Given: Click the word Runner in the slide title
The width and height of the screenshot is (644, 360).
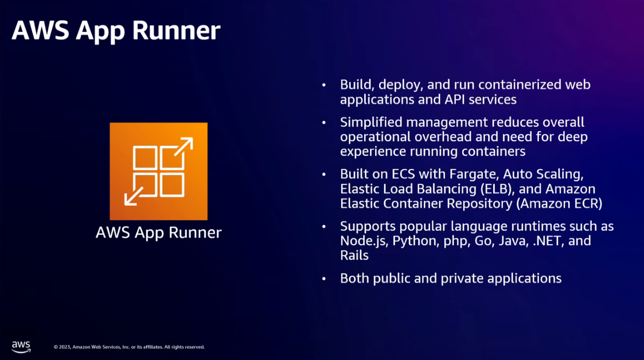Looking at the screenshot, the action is tap(176, 30).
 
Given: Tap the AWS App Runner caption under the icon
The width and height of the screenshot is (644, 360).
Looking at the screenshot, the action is tap(158, 232).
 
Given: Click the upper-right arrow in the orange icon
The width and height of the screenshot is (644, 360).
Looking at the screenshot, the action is tap(183, 147).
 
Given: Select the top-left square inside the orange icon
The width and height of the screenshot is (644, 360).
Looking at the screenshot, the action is tap(145, 158).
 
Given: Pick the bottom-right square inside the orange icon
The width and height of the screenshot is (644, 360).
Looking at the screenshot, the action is tap(171, 185).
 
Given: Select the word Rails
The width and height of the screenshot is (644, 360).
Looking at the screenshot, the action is tap(354, 255).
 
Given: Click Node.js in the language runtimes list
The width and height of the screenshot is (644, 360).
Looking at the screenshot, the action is tap(364, 241).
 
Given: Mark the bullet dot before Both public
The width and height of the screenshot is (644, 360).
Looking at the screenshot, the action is tap(324, 279).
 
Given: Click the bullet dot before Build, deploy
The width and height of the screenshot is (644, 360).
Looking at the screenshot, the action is tap(324, 85).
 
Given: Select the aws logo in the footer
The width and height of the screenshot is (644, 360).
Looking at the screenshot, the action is tap(21, 347).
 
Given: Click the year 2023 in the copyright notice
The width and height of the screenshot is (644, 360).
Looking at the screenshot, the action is tap(64, 347).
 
